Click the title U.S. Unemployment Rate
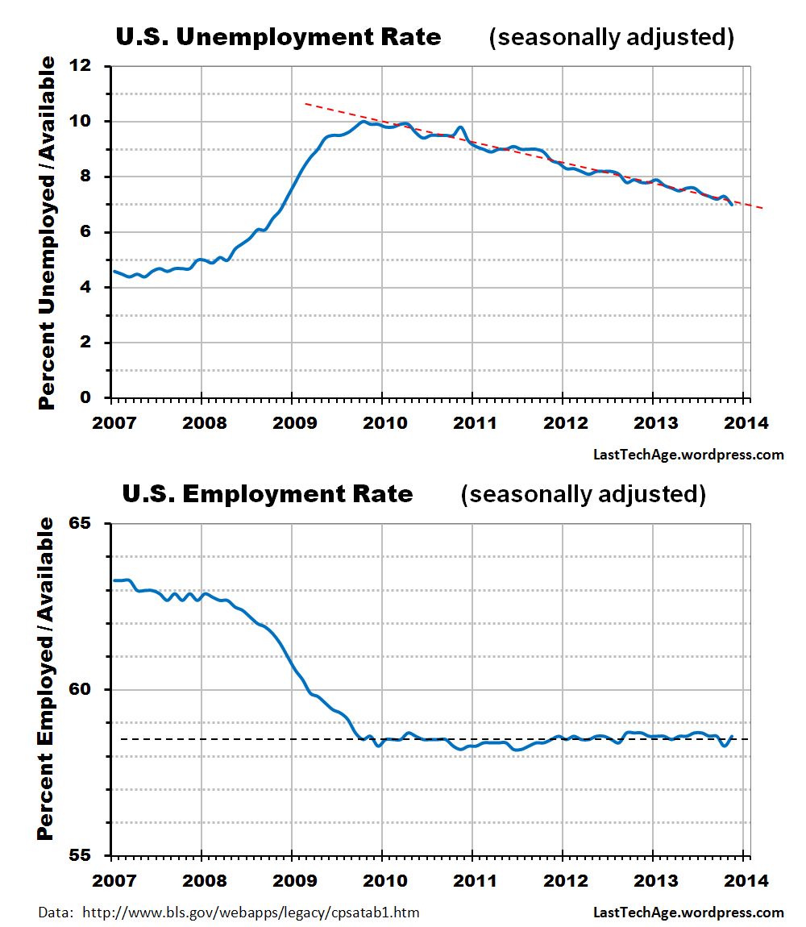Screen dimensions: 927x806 click(x=278, y=37)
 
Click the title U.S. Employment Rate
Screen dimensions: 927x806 click(x=268, y=493)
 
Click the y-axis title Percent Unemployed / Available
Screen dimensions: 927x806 click(x=48, y=232)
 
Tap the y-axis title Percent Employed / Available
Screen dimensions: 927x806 click(x=48, y=679)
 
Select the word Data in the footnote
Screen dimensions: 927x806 click(x=53, y=912)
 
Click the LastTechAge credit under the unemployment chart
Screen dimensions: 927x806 click(x=688, y=455)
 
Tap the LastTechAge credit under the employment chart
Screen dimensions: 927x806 click(x=688, y=912)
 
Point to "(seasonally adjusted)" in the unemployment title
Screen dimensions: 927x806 click(x=612, y=37)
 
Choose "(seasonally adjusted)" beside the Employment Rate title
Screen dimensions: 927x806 click(x=583, y=493)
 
